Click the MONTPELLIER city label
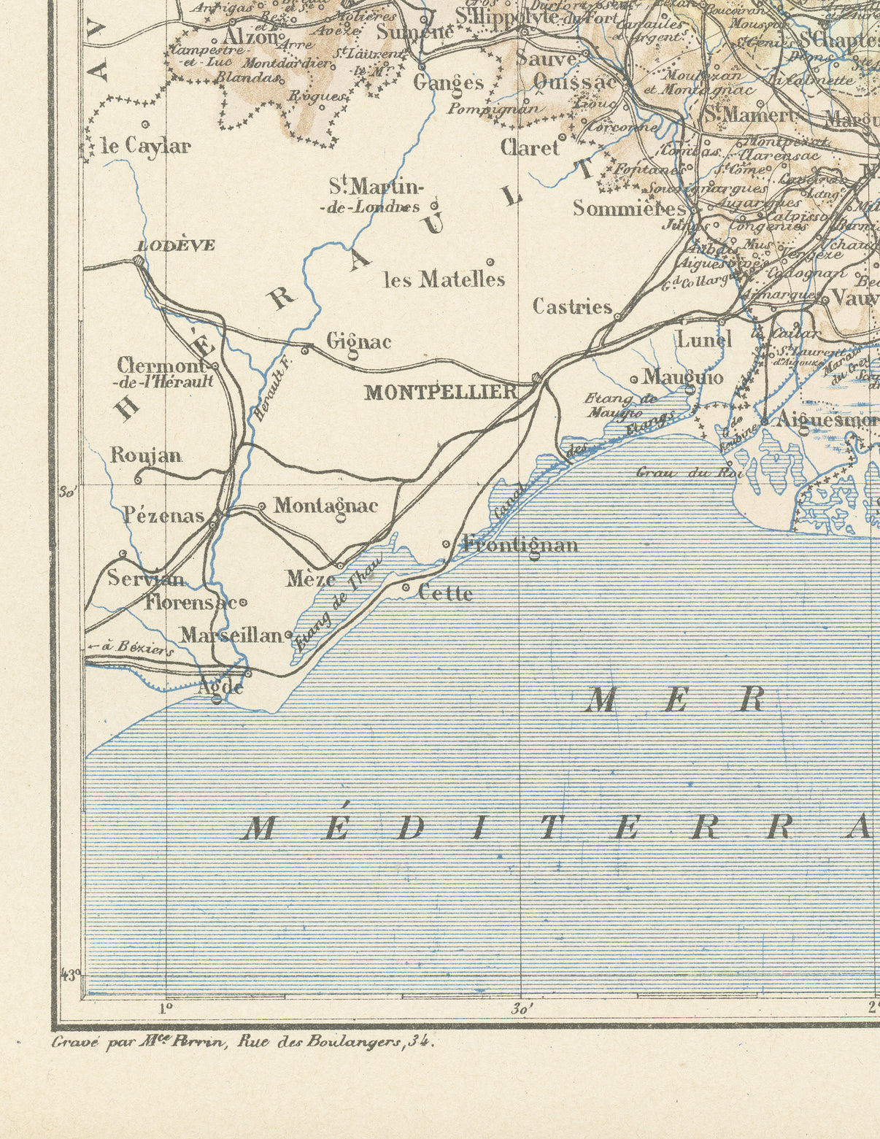(441, 393)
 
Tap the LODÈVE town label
(176, 245)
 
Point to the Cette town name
(445, 593)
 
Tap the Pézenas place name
(164, 516)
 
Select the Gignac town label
(358, 341)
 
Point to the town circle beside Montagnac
(263, 506)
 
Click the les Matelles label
(444, 279)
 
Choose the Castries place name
(572, 306)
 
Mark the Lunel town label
(704, 339)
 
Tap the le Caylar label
(146, 146)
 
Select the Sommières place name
(628, 209)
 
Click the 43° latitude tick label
(70, 974)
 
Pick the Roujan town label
(146, 455)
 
